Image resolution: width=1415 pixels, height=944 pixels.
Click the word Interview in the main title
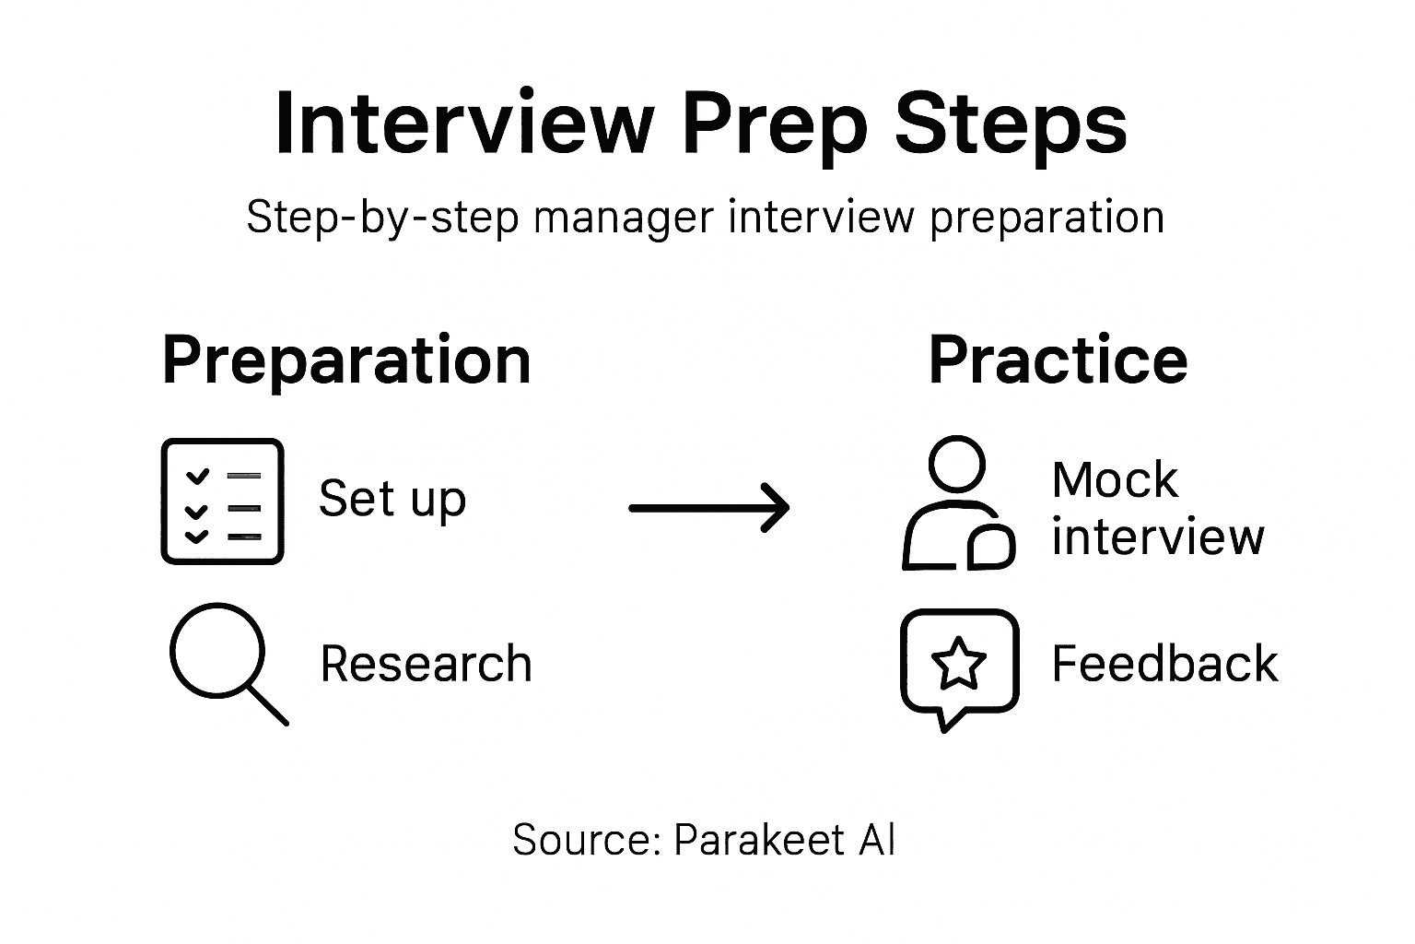pyautogui.click(x=464, y=124)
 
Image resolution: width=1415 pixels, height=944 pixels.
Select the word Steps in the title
pyautogui.click(x=1011, y=124)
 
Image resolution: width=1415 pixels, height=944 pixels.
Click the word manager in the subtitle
pyautogui.click(x=623, y=218)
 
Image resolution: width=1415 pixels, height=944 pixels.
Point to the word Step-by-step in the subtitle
pyautogui.click(x=382, y=218)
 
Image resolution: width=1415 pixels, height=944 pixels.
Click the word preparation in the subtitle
pyautogui.click(x=1047, y=218)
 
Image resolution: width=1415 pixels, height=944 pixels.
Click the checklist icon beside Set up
pyautogui.click(x=222, y=501)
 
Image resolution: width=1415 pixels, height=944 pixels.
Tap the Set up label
pyautogui.click(x=392, y=499)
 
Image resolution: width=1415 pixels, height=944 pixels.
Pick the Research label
pyautogui.click(x=426, y=664)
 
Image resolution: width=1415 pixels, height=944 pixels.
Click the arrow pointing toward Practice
pyautogui.click(x=708, y=507)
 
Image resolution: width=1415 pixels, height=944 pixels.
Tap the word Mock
pyautogui.click(x=1115, y=479)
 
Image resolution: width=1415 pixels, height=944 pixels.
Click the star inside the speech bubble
pyautogui.click(x=959, y=663)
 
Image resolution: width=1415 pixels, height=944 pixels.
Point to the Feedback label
pyautogui.click(x=1164, y=664)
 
